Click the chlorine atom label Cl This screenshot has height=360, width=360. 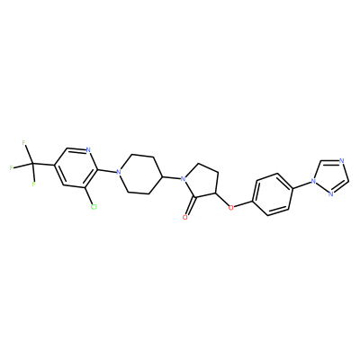[x=94, y=207]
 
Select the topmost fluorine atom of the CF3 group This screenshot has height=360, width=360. [x=24, y=143]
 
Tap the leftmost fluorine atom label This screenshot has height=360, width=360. [x=12, y=167]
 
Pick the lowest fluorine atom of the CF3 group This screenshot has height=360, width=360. [x=34, y=184]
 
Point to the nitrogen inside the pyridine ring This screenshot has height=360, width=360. [x=88, y=150]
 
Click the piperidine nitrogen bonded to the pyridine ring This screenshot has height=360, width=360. [x=119, y=172]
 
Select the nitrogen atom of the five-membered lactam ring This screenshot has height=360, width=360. [x=184, y=179]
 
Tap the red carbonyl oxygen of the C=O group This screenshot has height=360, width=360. [x=185, y=217]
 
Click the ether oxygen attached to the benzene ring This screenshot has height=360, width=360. [x=230, y=207]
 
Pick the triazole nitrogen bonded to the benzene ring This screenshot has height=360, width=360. [x=313, y=181]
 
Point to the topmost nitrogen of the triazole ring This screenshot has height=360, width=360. [x=341, y=160]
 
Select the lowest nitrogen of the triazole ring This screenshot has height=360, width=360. [x=330, y=193]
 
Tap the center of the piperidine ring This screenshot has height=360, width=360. [x=140, y=175]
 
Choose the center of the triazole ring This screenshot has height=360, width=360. [x=330, y=176]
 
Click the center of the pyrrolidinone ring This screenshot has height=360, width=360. [x=202, y=182]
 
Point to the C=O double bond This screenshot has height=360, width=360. [x=191, y=207]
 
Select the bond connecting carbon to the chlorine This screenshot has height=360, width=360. [x=90, y=196]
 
